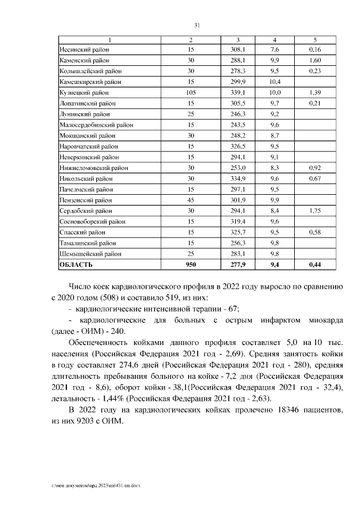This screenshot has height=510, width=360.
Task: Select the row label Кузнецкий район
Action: pyautogui.click(x=84, y=92)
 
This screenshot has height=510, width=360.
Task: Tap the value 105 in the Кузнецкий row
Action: pyautogui.click(x=191, y=92)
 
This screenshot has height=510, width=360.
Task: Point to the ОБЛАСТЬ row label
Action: pyautogui.click(x=76, y=263)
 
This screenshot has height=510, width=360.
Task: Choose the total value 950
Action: pyautogui.click(x=191, y=263)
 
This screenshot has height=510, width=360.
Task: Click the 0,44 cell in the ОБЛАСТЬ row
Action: pyautogui.click(x=314, y=263)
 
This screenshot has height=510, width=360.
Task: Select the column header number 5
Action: pyautogui.click(x=314, y=40)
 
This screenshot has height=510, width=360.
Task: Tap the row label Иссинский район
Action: pyautogui.click(x=84, y=50)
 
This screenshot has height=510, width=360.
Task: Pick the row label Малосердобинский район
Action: pyautogui.click(x=94, y=124)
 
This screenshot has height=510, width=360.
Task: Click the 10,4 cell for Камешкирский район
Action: pyautogui.click(x=274, y=82)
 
